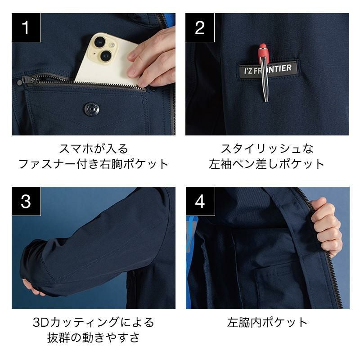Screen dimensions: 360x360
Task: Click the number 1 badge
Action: pos(26,27)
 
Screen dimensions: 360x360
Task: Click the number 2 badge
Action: pos(200,27)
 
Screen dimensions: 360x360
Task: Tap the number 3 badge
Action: pos(26,201)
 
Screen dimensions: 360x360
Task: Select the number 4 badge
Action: pos(200,201)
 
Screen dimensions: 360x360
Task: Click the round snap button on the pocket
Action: pos(92,109)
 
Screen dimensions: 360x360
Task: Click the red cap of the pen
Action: pos(263,51)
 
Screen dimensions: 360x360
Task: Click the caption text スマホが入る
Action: pos(94,149)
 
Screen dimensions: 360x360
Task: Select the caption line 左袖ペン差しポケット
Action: pos(267,164)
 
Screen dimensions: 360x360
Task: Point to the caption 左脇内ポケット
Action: pos(267,322)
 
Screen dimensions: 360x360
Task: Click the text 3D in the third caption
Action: pos(41,322)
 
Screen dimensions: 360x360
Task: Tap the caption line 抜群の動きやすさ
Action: pos(94,337)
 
